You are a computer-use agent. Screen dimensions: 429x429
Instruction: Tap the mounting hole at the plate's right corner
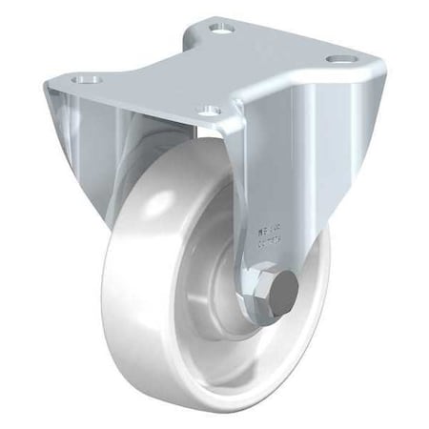tap(336, 59)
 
